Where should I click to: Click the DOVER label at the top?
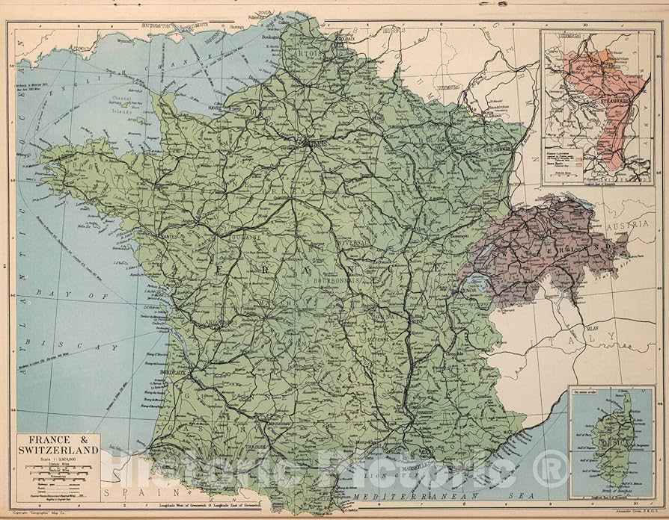click(x=266, y=13)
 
